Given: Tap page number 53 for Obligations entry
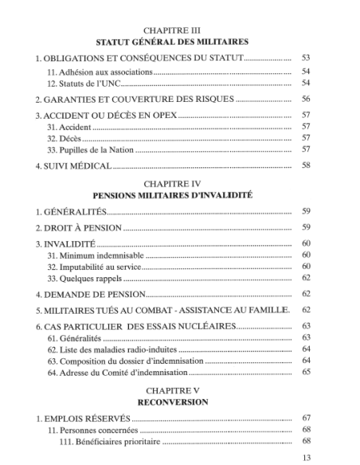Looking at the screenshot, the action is point(307,60).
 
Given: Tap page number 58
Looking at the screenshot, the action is point(307,166).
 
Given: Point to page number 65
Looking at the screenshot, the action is point(307,373).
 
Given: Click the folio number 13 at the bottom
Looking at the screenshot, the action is point(307,458).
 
